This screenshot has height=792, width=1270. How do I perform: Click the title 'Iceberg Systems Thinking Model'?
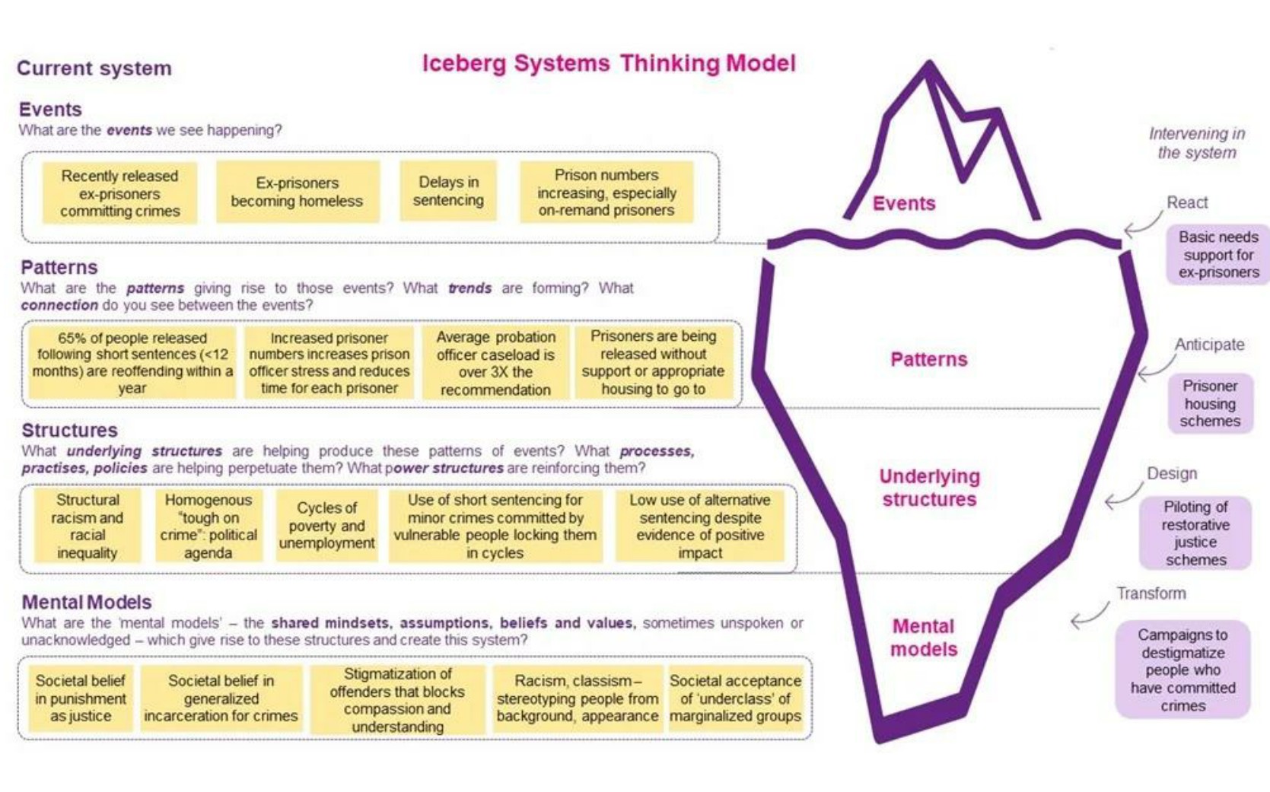click(x=609, y=63)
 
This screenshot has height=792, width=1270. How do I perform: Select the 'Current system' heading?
click(x=94, y=68)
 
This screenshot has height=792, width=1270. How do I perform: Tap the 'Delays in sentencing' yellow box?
click(x=448, y=190)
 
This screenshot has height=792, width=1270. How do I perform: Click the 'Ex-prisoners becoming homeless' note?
click(x=297, y=192)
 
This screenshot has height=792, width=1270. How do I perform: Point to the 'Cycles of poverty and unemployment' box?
click(x=326, y=526)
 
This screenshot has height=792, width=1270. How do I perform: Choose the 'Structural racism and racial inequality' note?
click(x=88, y=526)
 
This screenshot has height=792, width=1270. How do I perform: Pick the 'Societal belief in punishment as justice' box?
click(x=81, y=698)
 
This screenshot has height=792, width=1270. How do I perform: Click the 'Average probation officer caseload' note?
click(x=495, y=363)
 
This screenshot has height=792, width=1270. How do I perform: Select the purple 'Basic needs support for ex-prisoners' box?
click(x=1218, y=255)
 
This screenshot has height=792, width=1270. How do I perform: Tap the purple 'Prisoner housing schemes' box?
click(x=1210, y=403)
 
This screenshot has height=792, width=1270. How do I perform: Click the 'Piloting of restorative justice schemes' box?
click(x=1195, y=533)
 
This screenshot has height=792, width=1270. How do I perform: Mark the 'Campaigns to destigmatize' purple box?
click(x=1182, y=670)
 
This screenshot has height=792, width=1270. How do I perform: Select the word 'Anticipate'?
click(x=1209, y=344)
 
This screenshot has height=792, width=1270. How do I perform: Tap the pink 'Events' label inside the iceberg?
click(x=904, y=203)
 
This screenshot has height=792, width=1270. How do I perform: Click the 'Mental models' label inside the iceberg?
click(x=924, y=638)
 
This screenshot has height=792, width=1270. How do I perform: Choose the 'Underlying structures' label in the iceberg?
click(x=929, y=488)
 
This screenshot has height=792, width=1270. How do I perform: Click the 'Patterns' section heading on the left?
click(x=59, y=267)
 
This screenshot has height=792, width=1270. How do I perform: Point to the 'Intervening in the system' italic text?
click(x=1197, y=143)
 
